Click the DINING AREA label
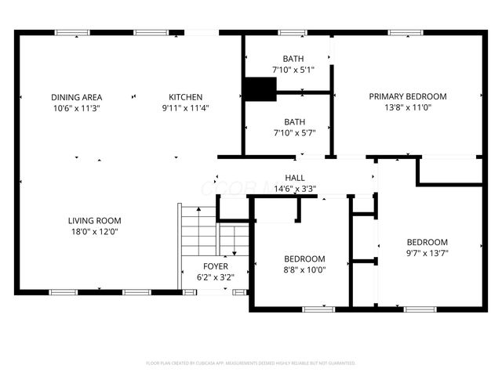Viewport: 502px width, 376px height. [77, 97]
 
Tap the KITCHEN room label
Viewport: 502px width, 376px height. [186, 97]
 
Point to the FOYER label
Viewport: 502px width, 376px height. [216, 266]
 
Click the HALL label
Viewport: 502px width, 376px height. [295, 178]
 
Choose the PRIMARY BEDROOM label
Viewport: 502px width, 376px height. [408, 97]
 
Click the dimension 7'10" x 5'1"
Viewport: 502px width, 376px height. [293, 70]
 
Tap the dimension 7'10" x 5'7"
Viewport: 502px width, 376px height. [293, 133]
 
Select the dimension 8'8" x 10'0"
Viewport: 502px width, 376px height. [304, 270]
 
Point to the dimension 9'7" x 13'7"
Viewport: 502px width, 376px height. [427, 254]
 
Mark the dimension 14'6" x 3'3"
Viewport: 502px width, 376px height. [295, 189]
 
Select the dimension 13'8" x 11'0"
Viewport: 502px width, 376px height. [408, 108]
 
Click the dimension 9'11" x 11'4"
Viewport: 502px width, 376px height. [186, 108]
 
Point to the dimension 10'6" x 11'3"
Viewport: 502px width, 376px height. [77, 108]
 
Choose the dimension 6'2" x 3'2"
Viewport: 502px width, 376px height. [216, 277]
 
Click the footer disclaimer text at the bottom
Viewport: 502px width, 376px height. [251, 363]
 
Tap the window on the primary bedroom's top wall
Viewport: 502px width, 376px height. [402, 33]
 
